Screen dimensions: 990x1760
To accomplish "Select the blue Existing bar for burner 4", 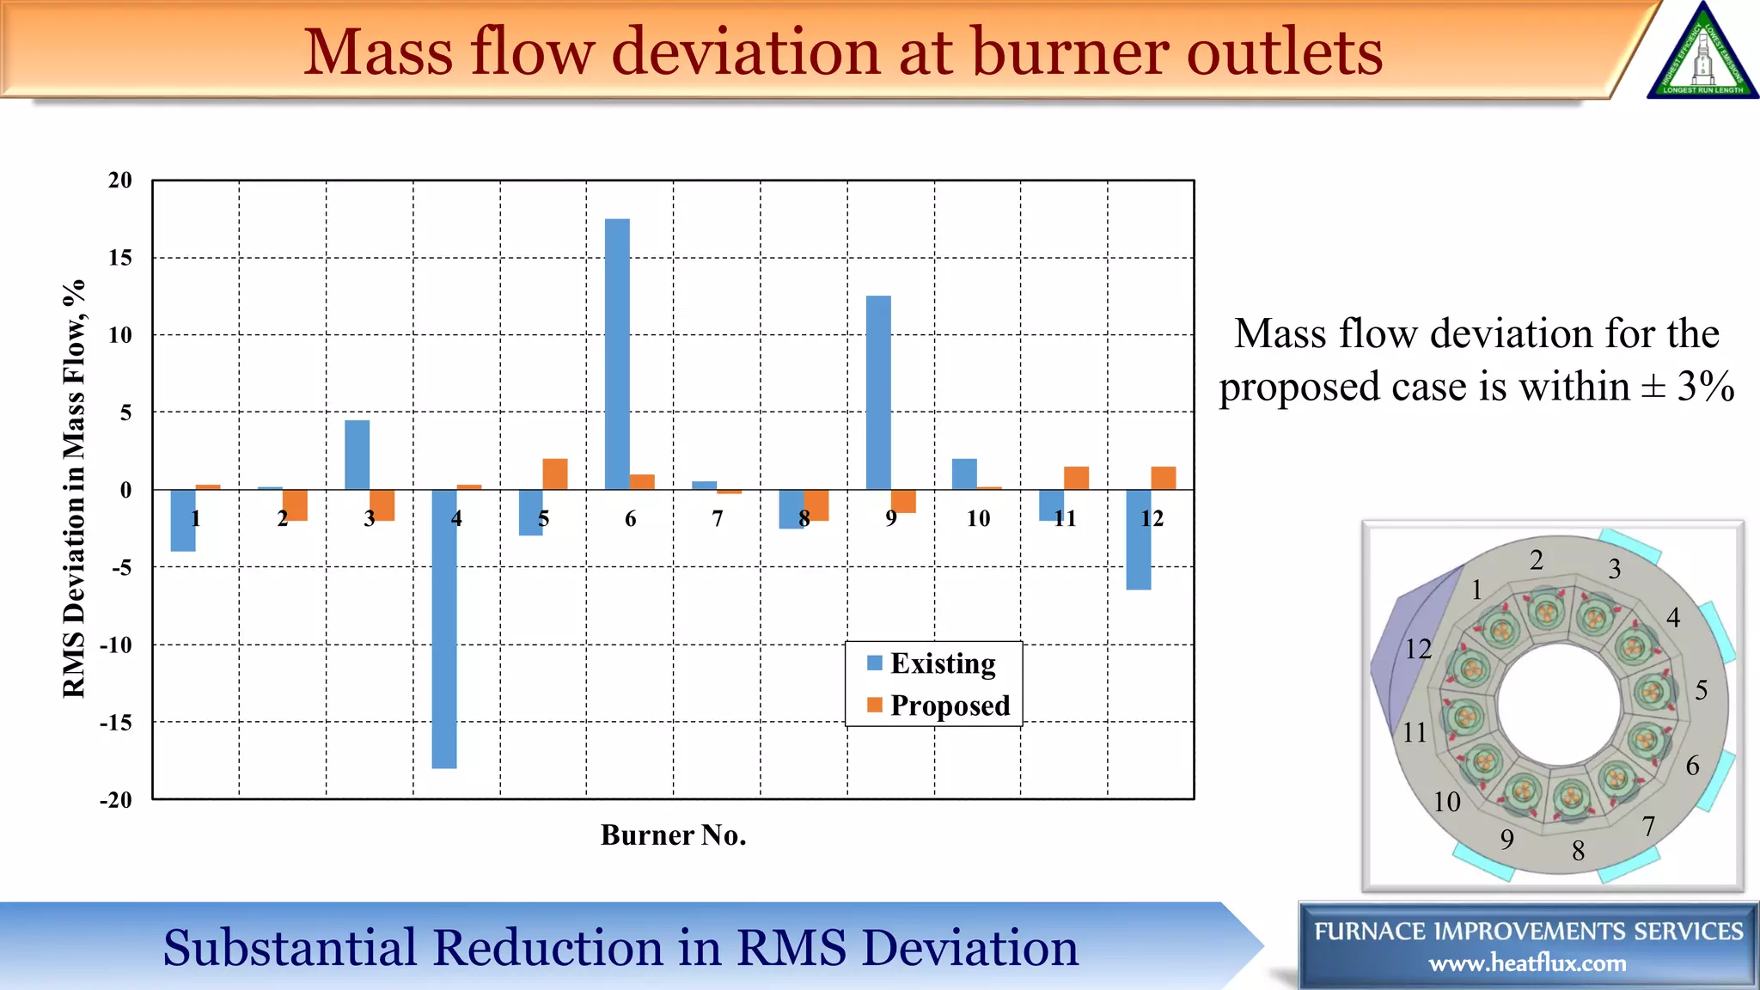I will pyautogui.click(x=443, y=628).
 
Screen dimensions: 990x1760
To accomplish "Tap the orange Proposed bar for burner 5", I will pyautogui.click(x=555, y=474).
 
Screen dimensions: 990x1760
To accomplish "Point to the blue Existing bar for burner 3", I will pyautogui.click(x=357, y=455).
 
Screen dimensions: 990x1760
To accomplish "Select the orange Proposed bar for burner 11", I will pyautogui.click(x=1076, y=478).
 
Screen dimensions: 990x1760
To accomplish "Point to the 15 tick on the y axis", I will pyautogui.click(x=120, y=258).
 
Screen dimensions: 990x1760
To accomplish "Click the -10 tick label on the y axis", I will pyautogui.click(x=116, y=645).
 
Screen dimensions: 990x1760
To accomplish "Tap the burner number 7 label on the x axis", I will pyautogui.click(x=718, y=518).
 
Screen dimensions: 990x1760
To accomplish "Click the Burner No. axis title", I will pyautogui.click(x=673, y=835).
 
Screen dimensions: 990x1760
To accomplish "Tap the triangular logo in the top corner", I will pyautogui.click(x=1702, y=53).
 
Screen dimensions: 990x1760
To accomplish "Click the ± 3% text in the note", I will pyautogui.click(x=1688, y=387).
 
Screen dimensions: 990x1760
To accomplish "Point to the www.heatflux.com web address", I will pyautogui.click(x=1527, y=963).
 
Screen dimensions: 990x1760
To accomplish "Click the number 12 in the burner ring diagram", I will pyautogui.click(x=1418, y=649).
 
